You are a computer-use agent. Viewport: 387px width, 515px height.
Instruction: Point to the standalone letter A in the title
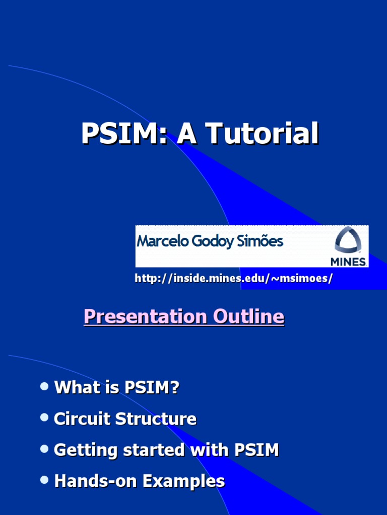pos(186,134)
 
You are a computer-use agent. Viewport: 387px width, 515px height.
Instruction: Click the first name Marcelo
pos(160,242)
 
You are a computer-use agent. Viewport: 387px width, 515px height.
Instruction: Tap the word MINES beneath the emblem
pos(348,262)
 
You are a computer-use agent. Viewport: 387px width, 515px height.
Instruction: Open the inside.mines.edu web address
pos(233,278)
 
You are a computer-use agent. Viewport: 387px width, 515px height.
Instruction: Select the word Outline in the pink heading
pos(248,317)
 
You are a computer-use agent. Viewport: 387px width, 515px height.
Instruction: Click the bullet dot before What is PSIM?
pos(44,386)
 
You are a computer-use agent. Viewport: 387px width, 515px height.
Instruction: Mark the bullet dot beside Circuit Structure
pos(44,417)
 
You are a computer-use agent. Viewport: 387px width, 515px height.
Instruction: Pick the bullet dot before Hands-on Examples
pos(44,480)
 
